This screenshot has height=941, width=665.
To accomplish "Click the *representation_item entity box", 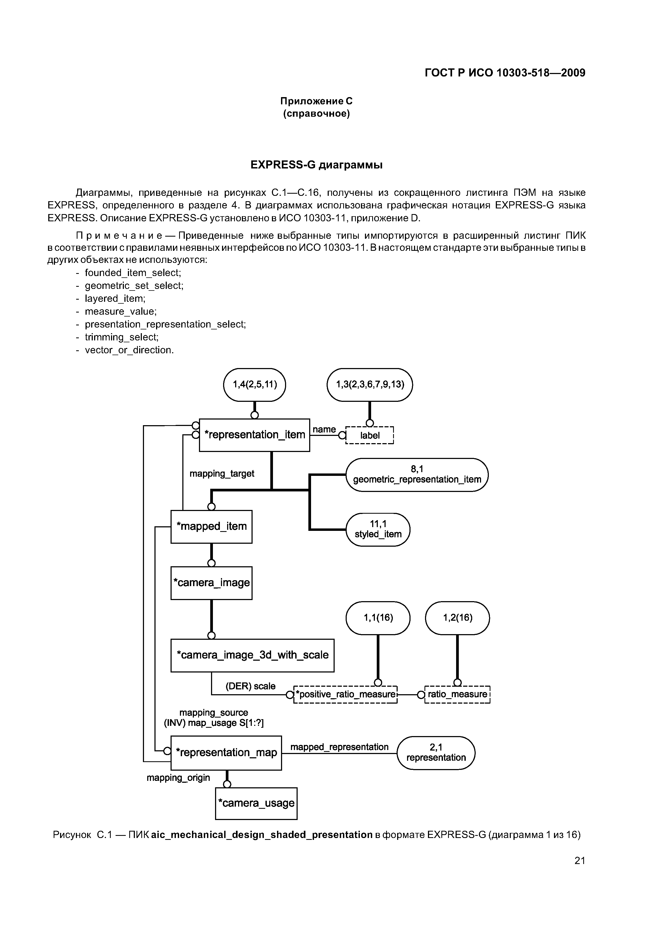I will point(254,435).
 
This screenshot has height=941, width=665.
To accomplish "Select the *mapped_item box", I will point(211,526).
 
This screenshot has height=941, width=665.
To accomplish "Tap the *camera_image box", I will point(211,583).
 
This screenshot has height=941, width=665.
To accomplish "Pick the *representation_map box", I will point(226,752).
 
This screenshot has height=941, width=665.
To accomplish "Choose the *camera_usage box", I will point(256,803).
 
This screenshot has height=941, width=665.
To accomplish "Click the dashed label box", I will point(370,436).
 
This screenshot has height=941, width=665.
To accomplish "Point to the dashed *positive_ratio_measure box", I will point(346,694).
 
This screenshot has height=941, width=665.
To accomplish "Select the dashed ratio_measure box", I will point(457,694).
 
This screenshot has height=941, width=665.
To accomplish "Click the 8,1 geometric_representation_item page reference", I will point(417,475).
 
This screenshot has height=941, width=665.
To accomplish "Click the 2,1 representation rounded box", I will point(436,752).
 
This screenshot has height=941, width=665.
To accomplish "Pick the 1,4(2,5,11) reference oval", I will point(254,384).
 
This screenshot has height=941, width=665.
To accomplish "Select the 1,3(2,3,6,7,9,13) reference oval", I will point(370,384).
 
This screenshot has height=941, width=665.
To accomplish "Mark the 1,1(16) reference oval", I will point(378,618).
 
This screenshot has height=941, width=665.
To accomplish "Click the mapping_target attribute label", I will point(222,474).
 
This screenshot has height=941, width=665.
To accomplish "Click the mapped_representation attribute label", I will point(339,747).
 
